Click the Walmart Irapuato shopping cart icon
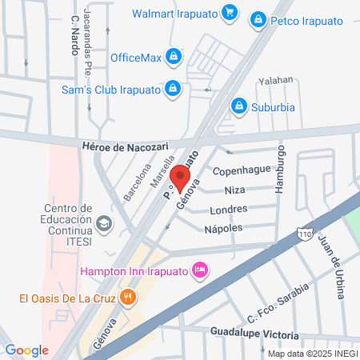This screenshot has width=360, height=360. [x=229, y=12]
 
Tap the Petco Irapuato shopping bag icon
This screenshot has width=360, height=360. [x=258, y=18]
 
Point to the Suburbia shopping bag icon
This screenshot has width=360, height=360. [x=238, y=106]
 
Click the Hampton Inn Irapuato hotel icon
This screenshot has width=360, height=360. [x=201, y=271]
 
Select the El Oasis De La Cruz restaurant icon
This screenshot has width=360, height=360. [x=128, y=298]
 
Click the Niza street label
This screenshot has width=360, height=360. [x=234, y=190]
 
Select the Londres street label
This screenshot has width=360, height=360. [x=227, y=210]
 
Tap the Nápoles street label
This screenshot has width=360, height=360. [x=224, y=228]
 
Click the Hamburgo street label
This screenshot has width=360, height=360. [x=281, y=169]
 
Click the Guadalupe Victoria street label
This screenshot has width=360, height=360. [x=254, y=334]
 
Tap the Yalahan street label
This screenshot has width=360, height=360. [x=275, y=80]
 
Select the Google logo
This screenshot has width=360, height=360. [x=26, y=350]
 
